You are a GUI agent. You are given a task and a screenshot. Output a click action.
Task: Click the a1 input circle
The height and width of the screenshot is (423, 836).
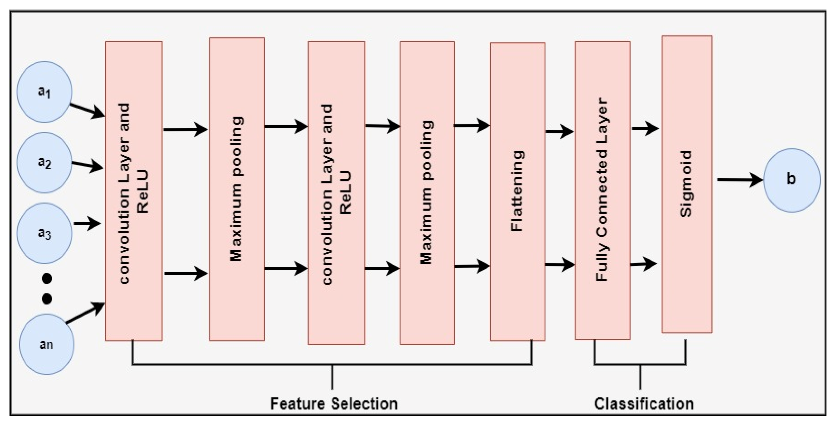click(44, 92)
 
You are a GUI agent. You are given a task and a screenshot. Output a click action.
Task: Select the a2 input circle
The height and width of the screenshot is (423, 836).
click(44, 163)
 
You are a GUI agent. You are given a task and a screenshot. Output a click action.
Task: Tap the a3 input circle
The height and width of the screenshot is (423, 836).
click(44, 233)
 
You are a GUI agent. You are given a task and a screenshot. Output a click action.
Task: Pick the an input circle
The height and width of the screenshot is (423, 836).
click(46, 344)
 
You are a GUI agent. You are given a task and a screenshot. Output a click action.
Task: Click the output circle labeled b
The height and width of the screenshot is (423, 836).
click(792, 180)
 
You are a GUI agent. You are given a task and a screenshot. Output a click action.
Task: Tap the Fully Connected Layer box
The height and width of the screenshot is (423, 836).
click(603, 190)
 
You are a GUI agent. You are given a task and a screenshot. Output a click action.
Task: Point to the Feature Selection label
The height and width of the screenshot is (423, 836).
click(334, 404)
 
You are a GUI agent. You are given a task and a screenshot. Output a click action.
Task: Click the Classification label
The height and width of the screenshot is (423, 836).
click(644, 404)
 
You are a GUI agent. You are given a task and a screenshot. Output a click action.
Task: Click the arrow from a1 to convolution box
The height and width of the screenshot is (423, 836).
click(87, 111)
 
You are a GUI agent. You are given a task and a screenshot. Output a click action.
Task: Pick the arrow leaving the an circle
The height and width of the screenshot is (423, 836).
click(86, 313)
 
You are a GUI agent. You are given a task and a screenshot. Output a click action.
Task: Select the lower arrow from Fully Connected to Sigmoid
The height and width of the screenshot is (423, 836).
click(643, 264)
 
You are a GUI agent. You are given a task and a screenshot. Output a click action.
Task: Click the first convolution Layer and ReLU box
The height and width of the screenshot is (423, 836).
click(134, 191)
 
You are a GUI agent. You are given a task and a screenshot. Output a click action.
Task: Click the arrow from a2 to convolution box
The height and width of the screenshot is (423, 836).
click(87, 166)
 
